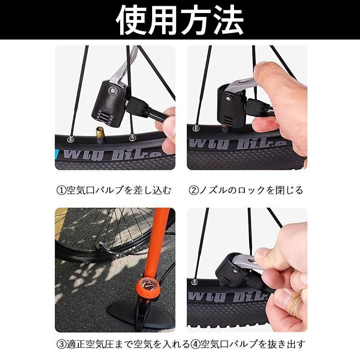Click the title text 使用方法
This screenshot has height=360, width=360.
[180, 20]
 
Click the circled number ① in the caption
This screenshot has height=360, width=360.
[61, 190]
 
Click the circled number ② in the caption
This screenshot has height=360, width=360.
[193, 190]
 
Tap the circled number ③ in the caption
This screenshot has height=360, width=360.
[61, 344]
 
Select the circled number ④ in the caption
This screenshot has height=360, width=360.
[195, 344]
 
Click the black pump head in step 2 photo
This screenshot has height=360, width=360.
[231, 104]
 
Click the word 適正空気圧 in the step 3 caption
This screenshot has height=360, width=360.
[90, 344]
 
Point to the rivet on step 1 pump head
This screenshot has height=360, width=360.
[113, 90]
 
